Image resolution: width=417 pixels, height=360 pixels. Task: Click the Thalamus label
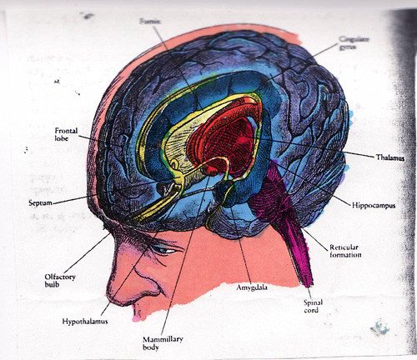click(x=390, y=157)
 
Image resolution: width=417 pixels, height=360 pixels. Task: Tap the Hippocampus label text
click(x=374, y=206)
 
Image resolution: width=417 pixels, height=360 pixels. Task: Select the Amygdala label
click(x=252, y=287)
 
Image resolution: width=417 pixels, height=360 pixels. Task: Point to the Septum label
click(x=40, y=203)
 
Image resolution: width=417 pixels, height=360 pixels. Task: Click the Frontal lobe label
click(x=66, y=134)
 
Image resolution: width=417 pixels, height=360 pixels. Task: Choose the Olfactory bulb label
click(x=60, y=281)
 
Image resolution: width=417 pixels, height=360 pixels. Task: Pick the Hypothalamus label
click(x=85, y=322)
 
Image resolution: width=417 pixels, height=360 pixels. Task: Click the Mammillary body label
click(x=163, y=343)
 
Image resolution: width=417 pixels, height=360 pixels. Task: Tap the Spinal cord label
click(x=313, y=306)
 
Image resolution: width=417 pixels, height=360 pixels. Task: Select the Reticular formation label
click(x=345, y=251)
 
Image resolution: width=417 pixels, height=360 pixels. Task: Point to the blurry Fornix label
click(x=150, y=22)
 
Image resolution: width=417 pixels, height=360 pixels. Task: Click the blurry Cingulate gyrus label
click(x=354, y=43)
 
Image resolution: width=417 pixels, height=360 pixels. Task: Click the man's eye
click(x=163, y=250)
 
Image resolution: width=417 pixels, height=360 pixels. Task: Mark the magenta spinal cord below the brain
click(x=298, y=250)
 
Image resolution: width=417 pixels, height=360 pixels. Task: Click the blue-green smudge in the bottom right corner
click(x=380, y=327)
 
